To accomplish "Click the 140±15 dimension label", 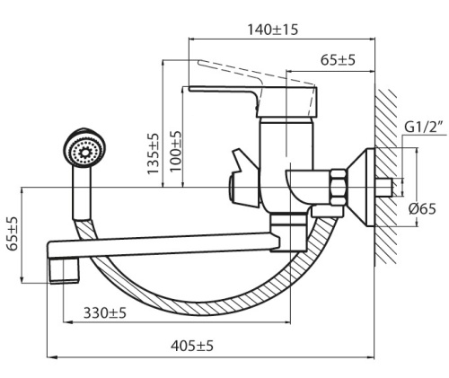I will click(x=273, y=29).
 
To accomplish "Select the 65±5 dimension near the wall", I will click(x=338, y=61).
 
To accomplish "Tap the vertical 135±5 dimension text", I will click(x=154, y=152).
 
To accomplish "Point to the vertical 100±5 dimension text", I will click(x=176, y=151).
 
